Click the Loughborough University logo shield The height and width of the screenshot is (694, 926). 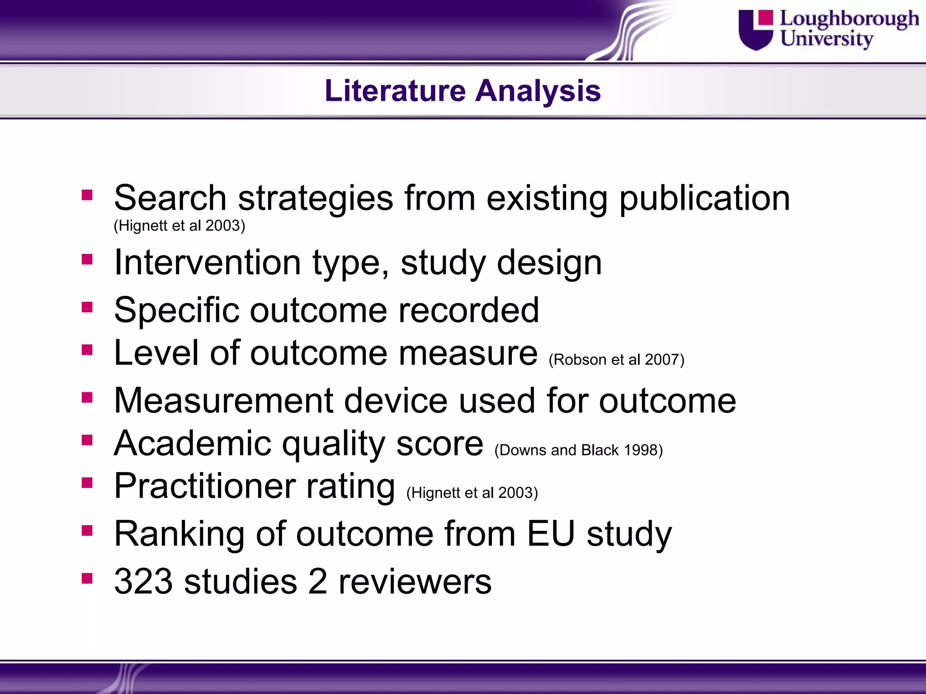pos(756,30)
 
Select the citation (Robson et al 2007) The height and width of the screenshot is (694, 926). pos(616,360)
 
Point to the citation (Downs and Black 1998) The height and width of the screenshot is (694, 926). pos(578,450)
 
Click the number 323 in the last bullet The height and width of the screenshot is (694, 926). pos(143,581)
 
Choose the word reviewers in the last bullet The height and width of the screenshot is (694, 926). pos(415,581)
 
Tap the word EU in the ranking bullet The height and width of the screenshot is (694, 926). pos(551,534)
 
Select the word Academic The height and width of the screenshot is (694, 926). pos(193,443)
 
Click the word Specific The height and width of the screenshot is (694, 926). pos(176,310)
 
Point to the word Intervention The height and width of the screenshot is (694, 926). pos(208,263)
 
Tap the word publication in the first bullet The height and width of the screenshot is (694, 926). pos(704,198)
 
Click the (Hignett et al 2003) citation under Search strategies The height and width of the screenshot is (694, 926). pos(179,225)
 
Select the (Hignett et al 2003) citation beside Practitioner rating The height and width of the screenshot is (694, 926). pos(472,492)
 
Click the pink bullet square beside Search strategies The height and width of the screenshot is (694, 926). pos(87,195)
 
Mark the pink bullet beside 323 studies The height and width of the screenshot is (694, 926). pos(87,578)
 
